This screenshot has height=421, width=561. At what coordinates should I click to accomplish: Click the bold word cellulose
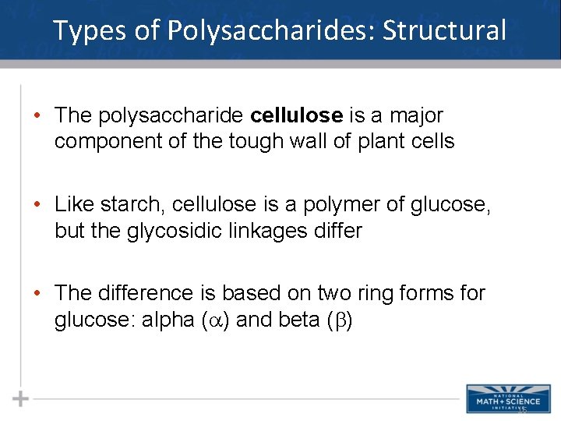297,115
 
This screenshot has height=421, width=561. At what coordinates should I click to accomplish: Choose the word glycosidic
164,232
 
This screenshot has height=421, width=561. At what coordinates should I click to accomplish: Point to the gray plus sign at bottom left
21,398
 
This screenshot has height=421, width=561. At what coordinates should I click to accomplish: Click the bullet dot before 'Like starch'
37,205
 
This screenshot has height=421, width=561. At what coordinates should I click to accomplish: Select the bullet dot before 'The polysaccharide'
37,116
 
